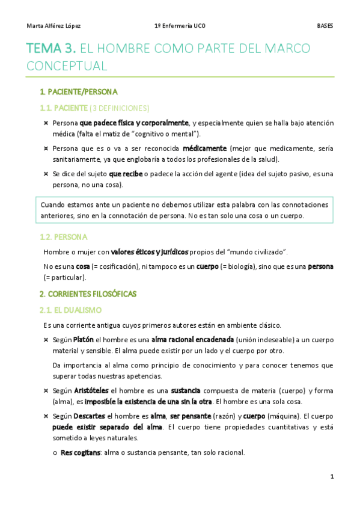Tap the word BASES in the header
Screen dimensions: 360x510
coord(325,26)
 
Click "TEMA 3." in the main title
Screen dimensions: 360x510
coord(50,48)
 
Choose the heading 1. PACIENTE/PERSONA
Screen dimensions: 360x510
coord(78,92)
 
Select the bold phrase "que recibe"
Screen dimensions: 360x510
coord(125,174)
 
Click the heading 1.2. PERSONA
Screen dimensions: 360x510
coord(63,236)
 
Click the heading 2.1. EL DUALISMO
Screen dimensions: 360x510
coord(70,310)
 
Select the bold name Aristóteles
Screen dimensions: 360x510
coord(94,390)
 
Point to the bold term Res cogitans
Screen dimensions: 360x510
coord(81,452)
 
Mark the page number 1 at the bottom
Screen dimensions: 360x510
coord(331,476)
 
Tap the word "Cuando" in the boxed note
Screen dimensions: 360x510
coord(52,204)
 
